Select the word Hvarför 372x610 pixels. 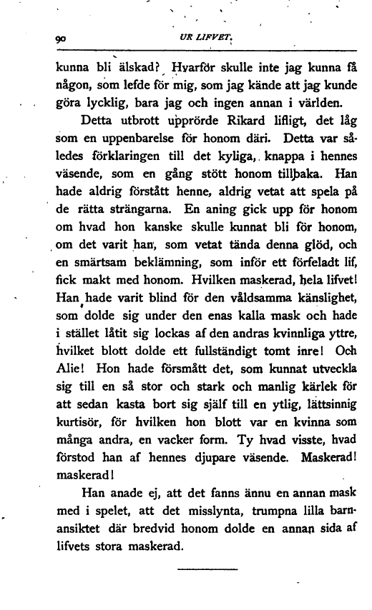tap(190, 70)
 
